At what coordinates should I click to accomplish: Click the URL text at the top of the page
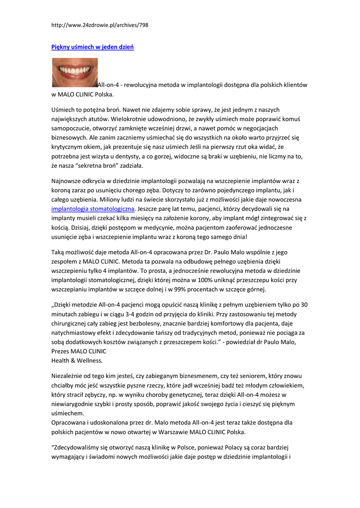(x=100, y=25)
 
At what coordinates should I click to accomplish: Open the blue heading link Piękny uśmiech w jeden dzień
(x=93, y=47)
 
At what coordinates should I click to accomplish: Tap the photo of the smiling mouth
(x=75, y=72)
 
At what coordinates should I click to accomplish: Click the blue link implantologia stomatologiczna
(x=93, y=209)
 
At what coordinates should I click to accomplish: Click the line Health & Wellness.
(x=77, y=360)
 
